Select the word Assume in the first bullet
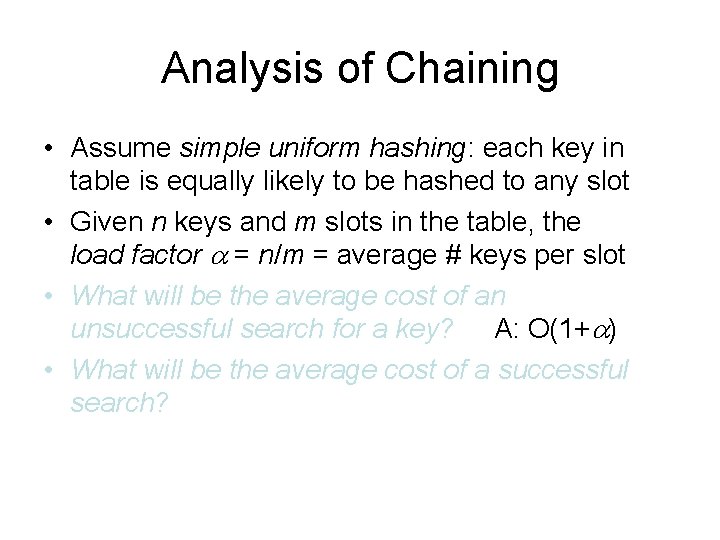[121, 148]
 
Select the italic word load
[95, 255]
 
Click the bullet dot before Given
[49, 222]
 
